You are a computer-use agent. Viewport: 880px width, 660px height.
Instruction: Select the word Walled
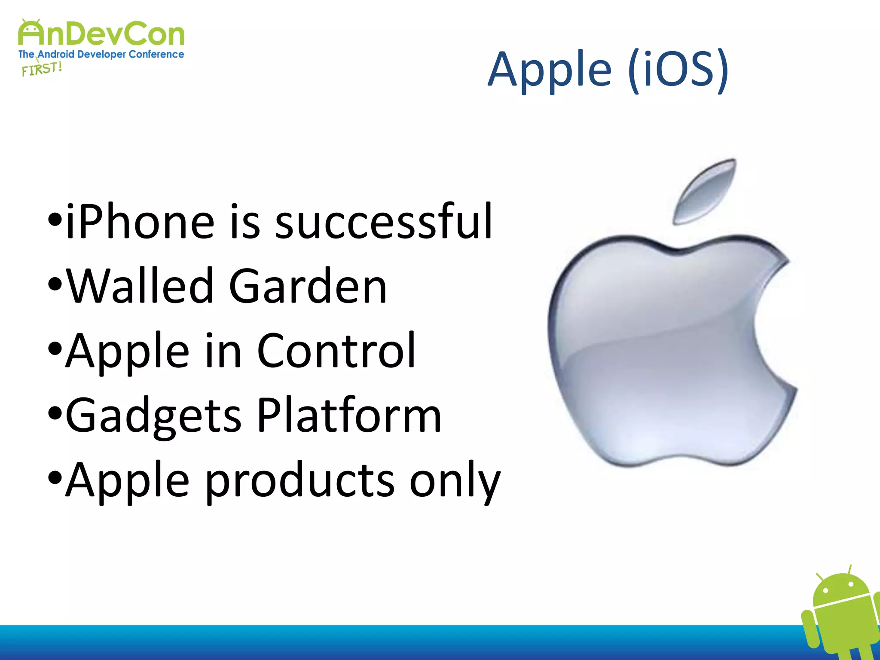(x=140, y=286)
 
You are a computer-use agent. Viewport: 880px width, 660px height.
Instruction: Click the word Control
(x=336, y=351)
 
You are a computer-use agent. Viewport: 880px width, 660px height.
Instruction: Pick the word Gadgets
(x=153, y=416)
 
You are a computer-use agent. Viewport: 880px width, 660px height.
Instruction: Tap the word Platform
(x=349, y=415)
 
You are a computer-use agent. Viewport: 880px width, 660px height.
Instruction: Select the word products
(x=299, y=480)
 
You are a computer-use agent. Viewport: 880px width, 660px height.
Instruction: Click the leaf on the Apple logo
(x=705, y=191)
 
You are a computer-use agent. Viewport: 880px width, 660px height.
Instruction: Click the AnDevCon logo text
(x=101, y=34)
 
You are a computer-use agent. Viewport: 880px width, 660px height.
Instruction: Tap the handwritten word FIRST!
(x=42, y=69)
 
